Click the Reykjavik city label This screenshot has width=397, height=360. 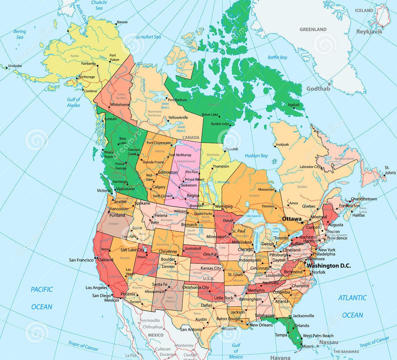[x=369, y=31]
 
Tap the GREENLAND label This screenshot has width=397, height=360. [x=313, y=29]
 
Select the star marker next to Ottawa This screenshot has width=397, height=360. [x=301, y=222]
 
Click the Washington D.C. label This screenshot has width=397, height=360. [x=329, y=266]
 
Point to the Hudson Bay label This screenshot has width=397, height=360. [x=256, y=156]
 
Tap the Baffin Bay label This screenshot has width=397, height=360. [x=277, y=57]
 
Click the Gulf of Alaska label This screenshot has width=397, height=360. [x=73, y=102]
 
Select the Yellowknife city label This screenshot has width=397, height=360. [x=178, y=118]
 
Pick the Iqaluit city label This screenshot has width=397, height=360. [x=294, y=105]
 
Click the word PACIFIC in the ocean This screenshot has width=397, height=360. [x=42, y=289]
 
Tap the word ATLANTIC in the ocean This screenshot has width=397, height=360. [x=352, y=298]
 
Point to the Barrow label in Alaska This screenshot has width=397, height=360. [x=122, y=22]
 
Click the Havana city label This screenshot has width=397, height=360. [x=280, y=357]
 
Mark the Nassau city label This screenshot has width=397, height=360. [x=329, y=342]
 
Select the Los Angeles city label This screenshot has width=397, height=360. [x=96, y=288]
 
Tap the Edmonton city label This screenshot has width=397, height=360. [x=168, y=172]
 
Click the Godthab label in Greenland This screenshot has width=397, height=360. [x=318, y=88]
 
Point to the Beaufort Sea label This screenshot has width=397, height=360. [x=148, y=37]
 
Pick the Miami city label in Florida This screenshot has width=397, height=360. [x=308, y=346]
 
